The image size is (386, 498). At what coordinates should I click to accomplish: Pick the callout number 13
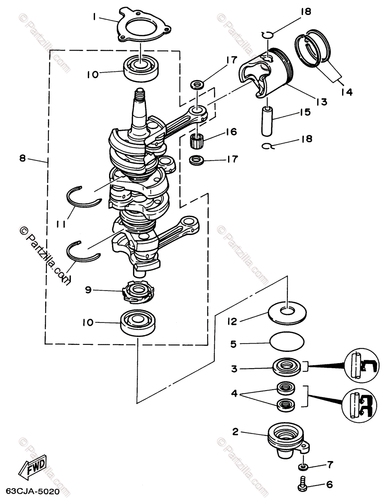321,101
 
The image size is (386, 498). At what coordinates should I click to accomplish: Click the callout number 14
347,92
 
